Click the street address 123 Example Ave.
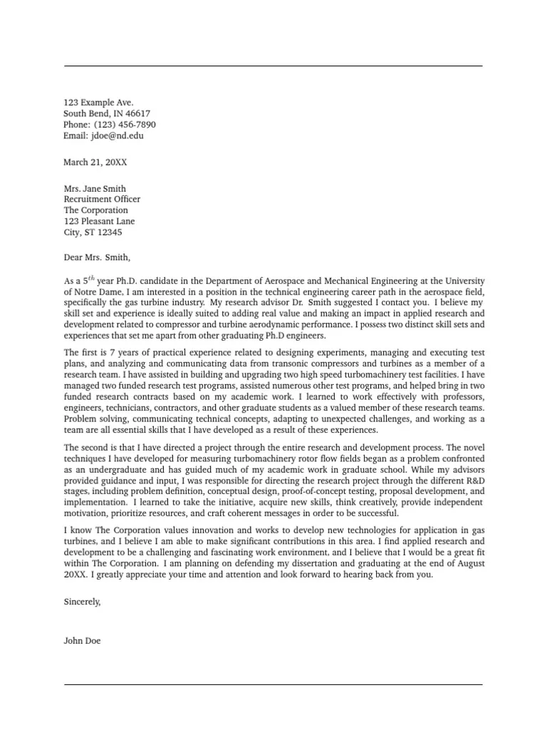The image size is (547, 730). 98,103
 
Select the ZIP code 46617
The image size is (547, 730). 137,113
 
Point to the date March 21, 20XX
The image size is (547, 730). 95,162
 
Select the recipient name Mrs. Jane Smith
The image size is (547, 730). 95,189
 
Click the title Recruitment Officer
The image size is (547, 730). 102,200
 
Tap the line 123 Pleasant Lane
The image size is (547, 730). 99,221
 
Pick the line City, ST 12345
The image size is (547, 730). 93,232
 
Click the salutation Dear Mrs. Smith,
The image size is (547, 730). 98,258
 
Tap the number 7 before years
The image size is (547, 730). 110,351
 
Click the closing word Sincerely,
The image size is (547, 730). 82,601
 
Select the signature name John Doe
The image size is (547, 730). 82,641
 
